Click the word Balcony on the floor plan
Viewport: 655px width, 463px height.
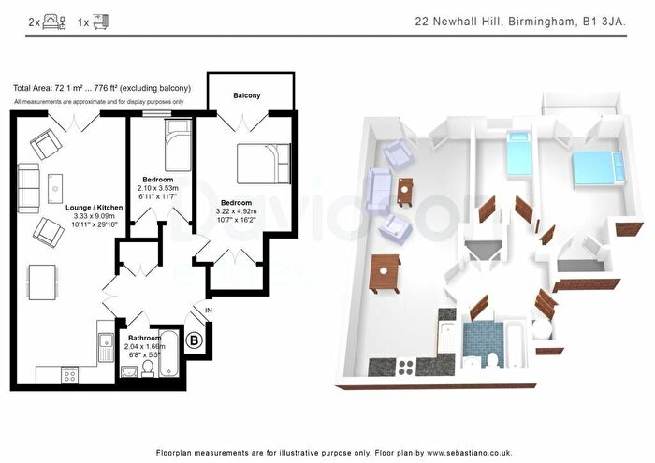(x=247, y=95)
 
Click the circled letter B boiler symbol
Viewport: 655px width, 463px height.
(x=195, y=340)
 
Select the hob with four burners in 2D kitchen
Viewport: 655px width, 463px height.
(x=68, y=373)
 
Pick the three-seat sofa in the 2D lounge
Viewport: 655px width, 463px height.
(x=29, y=187)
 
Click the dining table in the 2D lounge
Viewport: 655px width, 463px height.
(x=40, y=279)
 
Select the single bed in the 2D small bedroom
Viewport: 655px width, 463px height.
(x=176, y=148)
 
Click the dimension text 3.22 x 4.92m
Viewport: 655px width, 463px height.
(x=236, y=212)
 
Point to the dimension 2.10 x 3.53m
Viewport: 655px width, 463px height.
(x=158, y=188)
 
